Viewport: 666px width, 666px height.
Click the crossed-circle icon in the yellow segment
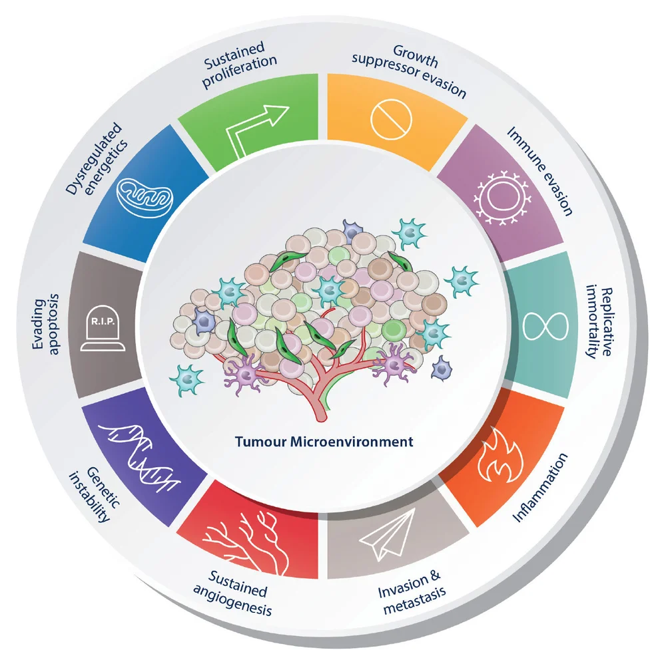(391, 119)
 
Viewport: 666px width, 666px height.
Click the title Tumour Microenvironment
(324, 442)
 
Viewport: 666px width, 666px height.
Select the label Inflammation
(540, 488)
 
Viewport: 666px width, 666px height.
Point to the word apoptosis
(53, 324)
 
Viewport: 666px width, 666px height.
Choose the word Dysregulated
(93, 158)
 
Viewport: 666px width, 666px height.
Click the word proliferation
(240, 71)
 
